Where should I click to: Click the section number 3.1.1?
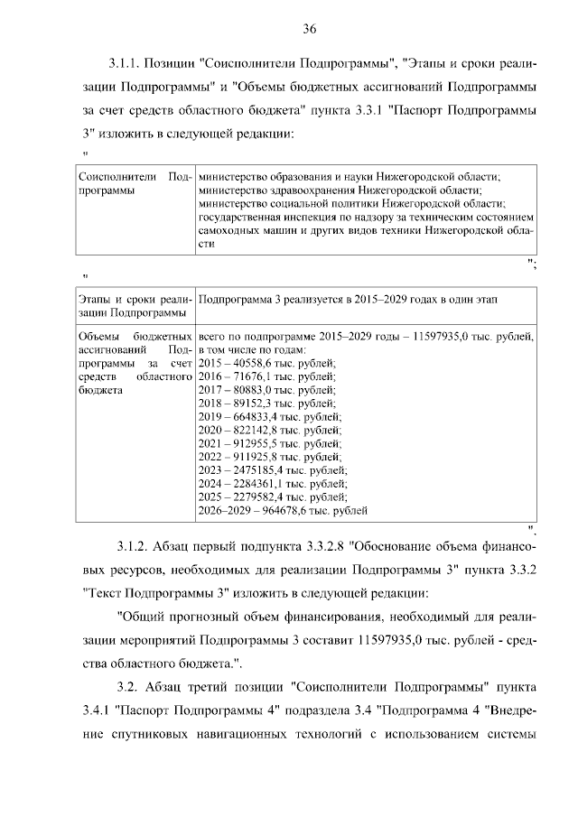(x=123, y=65)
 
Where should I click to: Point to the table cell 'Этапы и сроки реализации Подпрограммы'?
(x=132, y=305)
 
